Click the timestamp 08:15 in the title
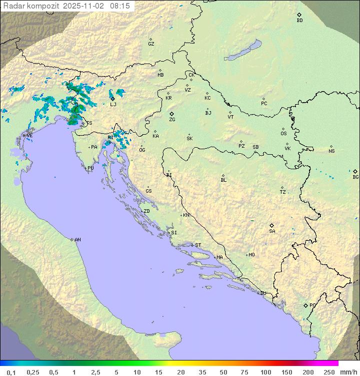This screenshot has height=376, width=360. (120, 6)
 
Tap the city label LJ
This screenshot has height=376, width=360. (113, 104)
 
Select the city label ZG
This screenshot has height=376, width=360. (172, 119)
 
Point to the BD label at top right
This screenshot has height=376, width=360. (299, 20)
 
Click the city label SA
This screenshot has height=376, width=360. (272, 231)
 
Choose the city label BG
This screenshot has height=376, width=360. (355, 177)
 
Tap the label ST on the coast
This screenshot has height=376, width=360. (198, 245)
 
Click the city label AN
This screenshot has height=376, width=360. (77, 240)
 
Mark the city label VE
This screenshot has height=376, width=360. (29, 136)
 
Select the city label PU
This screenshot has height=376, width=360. (90, 168)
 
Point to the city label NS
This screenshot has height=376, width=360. (331, 151)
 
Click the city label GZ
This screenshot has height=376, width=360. (151, 44)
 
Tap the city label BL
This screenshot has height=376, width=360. (223, 180)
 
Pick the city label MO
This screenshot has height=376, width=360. (251, 255)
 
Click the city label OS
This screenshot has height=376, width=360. (283, 134)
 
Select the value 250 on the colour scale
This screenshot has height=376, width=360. (329, 372)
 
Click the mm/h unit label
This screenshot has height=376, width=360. (347, 372)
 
